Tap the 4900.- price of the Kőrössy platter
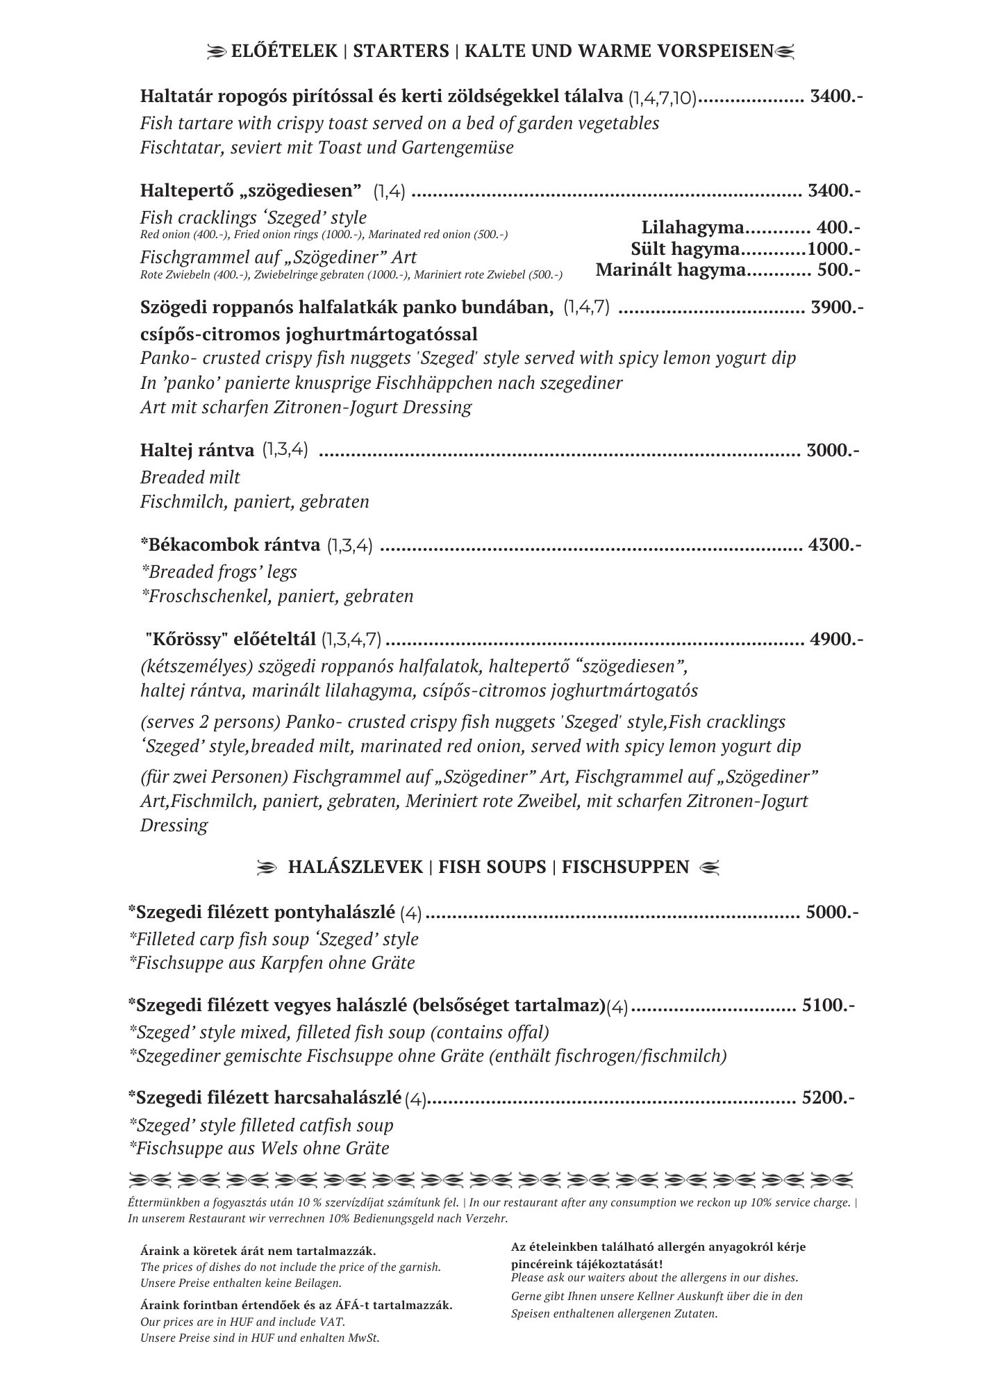836,639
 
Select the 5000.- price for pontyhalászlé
831,912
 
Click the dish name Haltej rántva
197,450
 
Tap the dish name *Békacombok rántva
231,544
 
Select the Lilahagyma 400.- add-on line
751,227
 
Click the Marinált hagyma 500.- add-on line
728,269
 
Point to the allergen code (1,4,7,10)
662,98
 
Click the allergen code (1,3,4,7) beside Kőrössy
351,640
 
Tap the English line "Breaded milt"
190,477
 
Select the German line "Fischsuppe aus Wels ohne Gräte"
259,1148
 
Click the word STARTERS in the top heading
401,51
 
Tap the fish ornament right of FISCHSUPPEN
710,867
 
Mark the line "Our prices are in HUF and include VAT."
242,1322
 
